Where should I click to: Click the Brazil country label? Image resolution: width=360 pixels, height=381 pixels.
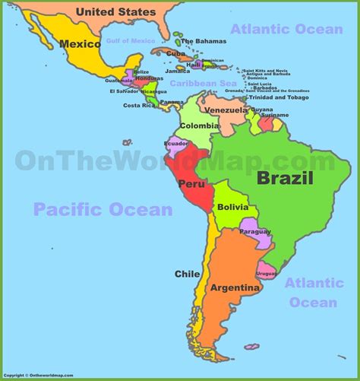[285, 179]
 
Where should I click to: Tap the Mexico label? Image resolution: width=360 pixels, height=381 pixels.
[81, 43]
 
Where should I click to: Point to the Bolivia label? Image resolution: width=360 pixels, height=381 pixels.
[232, 207]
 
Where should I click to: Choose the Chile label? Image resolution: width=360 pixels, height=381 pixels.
[188, 274]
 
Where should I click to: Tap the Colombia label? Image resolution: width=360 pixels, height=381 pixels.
[200, 126]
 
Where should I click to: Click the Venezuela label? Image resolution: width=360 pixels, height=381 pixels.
[226, 110]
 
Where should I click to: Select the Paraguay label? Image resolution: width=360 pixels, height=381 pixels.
[254, 231]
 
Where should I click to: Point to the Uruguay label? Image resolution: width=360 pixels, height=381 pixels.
[266, 273]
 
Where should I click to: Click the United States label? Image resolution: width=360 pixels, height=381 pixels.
[116, 12]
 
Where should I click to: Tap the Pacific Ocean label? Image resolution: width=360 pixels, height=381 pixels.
[103, 209]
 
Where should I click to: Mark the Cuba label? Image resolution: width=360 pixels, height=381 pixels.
[175, 54]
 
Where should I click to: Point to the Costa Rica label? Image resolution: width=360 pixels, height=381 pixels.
[137, 105]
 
